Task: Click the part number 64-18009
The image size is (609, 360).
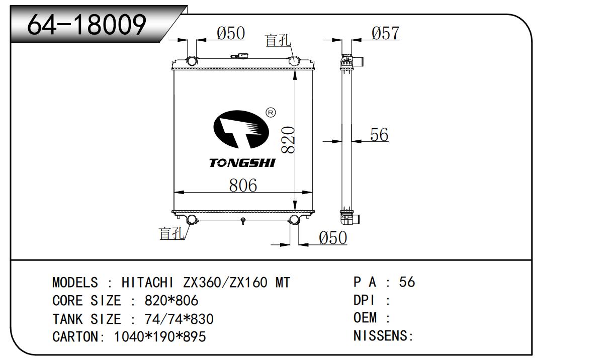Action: click(86, 25)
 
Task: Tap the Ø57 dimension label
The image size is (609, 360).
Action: click(386, 33)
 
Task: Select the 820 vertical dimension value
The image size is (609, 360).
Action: click(288, 140)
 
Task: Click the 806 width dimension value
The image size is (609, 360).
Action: click(243, 186)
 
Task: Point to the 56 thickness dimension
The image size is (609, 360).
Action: click(379, 135)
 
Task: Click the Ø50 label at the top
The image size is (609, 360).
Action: click(231, 33)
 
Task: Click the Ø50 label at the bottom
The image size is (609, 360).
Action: click(333, 238)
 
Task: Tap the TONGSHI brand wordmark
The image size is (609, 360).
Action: click(242, 163)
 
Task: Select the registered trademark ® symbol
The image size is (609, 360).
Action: click(271, 113)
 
